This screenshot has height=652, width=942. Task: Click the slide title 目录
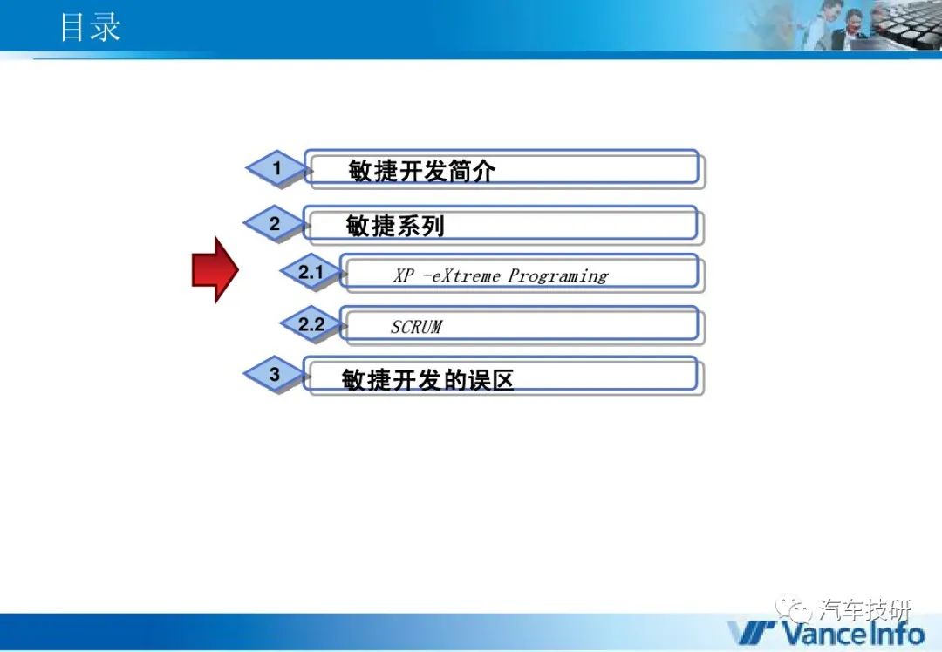(91, 28)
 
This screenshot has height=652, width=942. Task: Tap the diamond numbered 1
(277, 168)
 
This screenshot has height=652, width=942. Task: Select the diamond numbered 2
(275, 224)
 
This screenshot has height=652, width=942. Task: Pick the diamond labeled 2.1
(311, 272)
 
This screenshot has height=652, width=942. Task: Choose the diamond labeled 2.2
(311, 324)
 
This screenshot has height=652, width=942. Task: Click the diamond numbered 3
(275, 374)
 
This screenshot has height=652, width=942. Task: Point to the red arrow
(215, 269)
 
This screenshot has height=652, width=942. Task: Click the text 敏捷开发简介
(422, 171)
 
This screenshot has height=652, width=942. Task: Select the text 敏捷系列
(395, 227)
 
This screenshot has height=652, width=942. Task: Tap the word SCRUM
(416, 327)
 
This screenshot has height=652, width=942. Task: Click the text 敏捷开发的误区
(427, 379)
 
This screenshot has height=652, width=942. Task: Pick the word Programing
(558, 275)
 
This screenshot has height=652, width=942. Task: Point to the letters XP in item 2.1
(404, 275)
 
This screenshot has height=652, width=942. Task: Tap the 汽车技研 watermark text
(864, 610)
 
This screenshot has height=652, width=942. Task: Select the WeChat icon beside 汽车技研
(794, 610)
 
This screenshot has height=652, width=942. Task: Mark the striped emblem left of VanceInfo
(753, 633)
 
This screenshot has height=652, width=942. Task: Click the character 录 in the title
(106, 28)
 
